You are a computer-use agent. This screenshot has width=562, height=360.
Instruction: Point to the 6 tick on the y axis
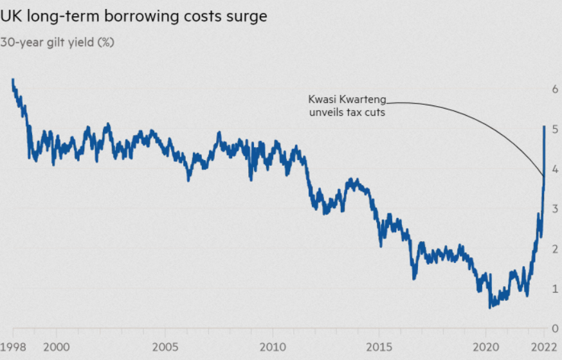[554, 89]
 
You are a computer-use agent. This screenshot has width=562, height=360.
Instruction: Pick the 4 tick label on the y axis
[554, 169]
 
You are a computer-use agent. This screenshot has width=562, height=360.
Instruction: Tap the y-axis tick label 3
[554, 209]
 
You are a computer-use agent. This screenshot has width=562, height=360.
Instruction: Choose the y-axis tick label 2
[554, 249]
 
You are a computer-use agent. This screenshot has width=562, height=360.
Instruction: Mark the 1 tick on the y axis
[554, 289]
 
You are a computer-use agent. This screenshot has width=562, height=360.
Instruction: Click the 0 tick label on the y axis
[554, 328]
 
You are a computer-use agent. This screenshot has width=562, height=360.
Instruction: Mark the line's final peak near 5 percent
[545, 127]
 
